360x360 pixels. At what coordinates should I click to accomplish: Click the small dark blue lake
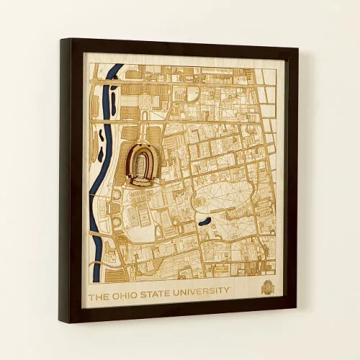click(x=204, y=220)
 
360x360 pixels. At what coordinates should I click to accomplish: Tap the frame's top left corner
click(x=61, y=39)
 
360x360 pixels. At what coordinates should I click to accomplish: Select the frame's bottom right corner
click(x=295, y=302)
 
